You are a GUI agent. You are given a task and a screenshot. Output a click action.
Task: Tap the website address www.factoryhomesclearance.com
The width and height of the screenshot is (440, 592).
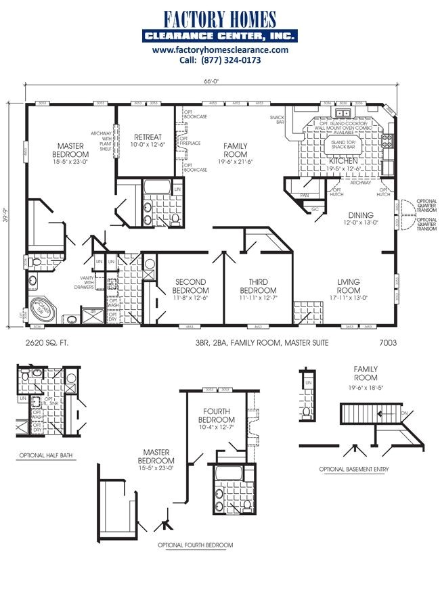(x=220, y=50)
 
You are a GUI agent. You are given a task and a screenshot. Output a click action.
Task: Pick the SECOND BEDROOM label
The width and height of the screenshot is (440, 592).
(x=190, y=286)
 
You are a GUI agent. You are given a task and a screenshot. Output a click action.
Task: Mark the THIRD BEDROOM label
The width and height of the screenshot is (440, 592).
(x=257, y=286)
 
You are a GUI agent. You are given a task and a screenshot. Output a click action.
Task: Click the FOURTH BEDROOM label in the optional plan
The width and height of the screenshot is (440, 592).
(x=217, y=415)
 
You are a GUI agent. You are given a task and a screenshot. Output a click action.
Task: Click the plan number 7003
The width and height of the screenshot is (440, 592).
(x=388, y=343)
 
